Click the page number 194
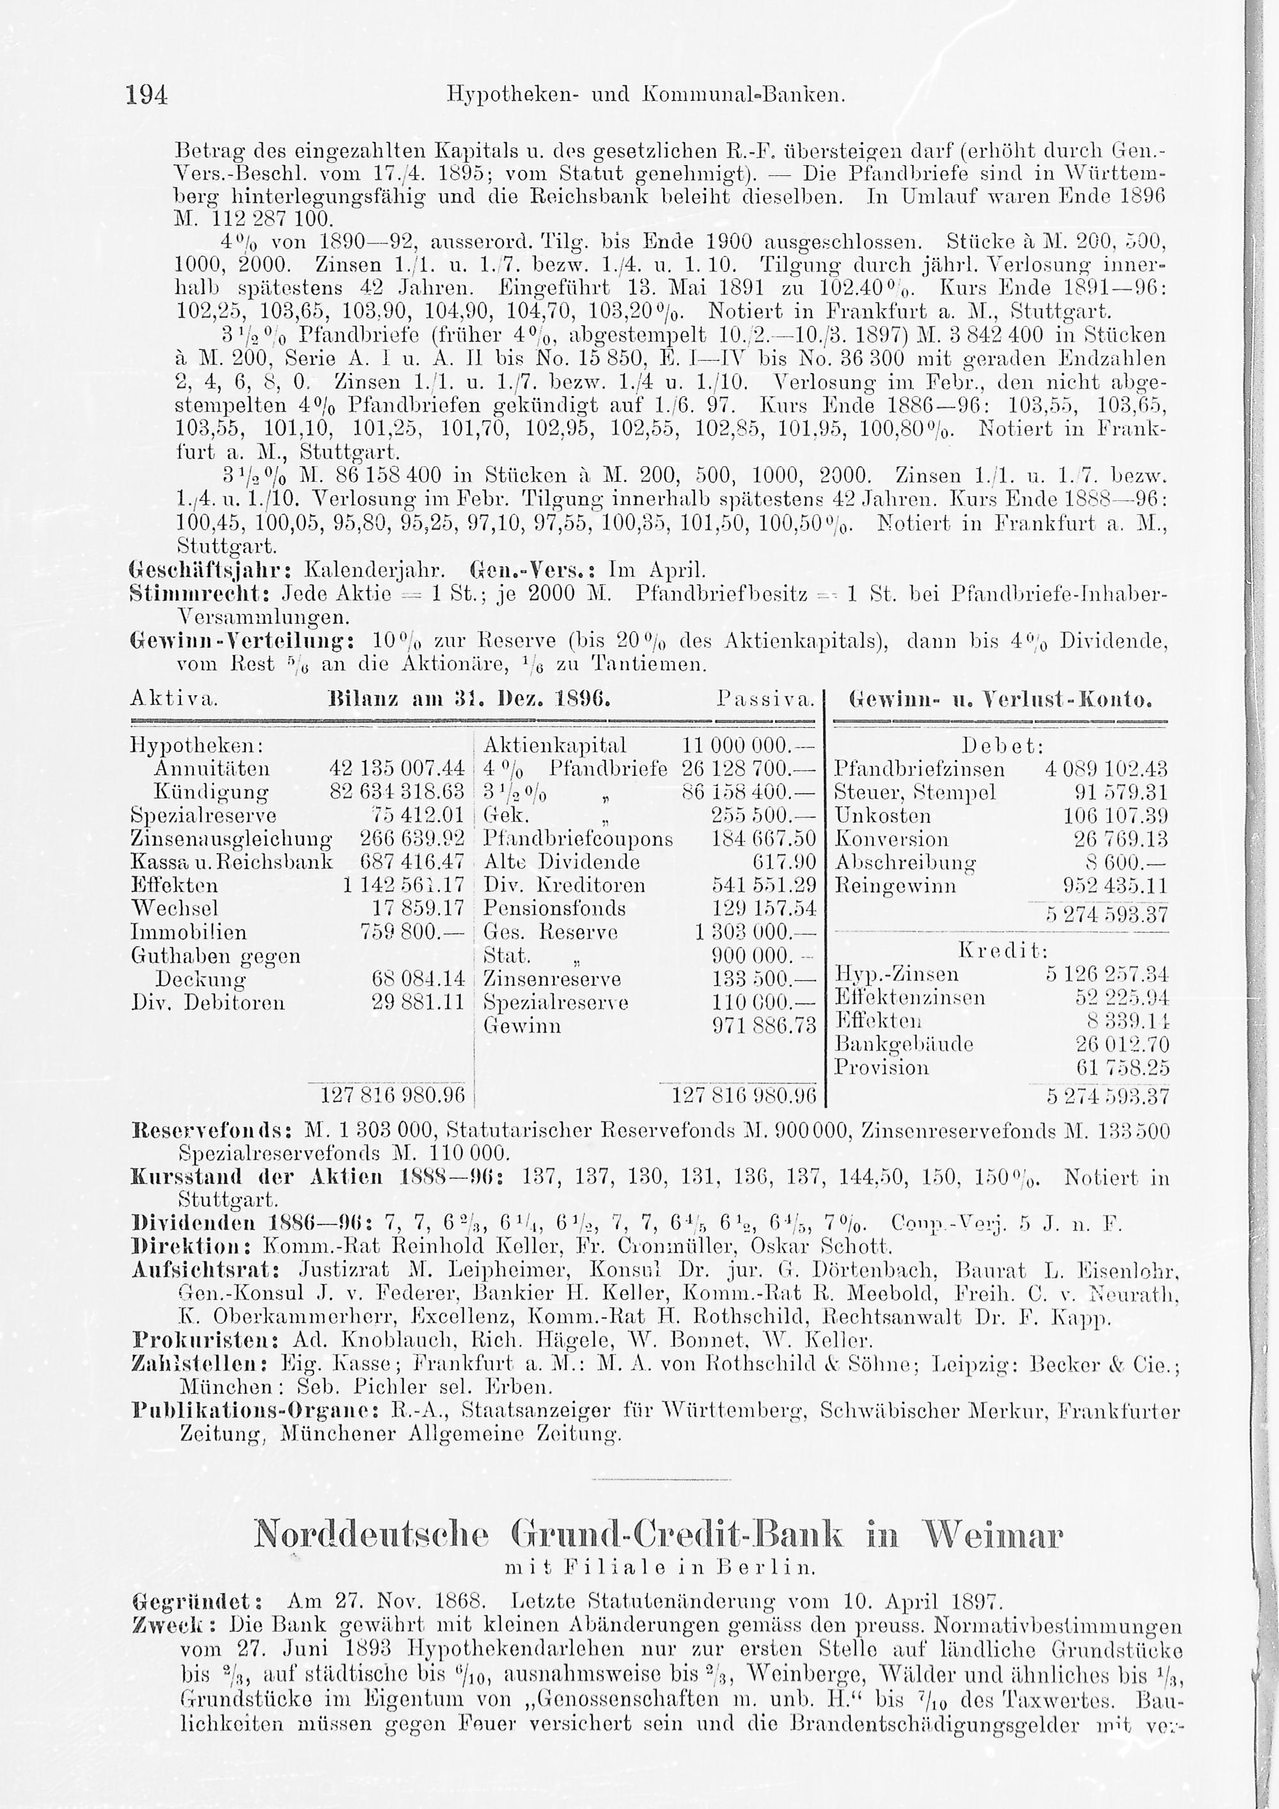click(146, 96)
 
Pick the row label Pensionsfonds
click(554, 908)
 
